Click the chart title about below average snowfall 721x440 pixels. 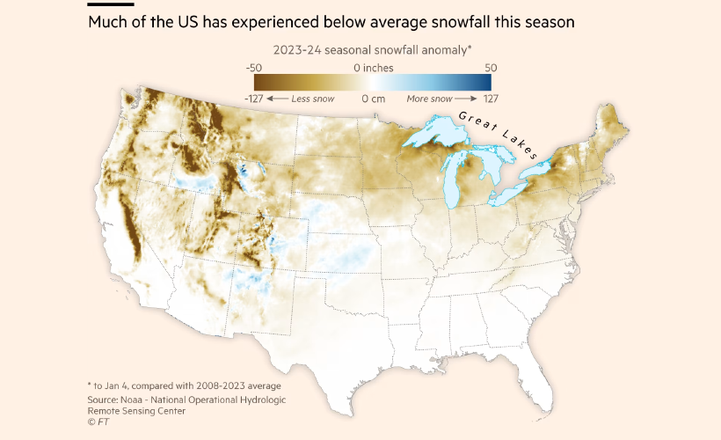click(331, 22)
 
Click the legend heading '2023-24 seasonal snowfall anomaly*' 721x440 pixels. click(368, 49)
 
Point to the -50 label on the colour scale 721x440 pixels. click(253, 68)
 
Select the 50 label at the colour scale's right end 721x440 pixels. click(491, 68)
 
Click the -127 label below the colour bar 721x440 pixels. click(255, 99)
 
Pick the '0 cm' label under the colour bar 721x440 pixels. click(374, 99)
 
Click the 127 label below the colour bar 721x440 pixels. click(491, 99)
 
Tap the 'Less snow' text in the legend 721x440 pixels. click(312, 99)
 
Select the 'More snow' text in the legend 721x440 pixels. click(429, 99)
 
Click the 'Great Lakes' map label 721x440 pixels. click(497, 136)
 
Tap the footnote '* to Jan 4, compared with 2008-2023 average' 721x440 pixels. click(184, 385)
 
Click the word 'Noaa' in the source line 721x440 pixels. click(146, 400)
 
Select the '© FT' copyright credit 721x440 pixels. click(98, 422)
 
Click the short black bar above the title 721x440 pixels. click(111, 4)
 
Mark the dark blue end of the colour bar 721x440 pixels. click(485, 83)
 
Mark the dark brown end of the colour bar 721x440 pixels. click(249, 83)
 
